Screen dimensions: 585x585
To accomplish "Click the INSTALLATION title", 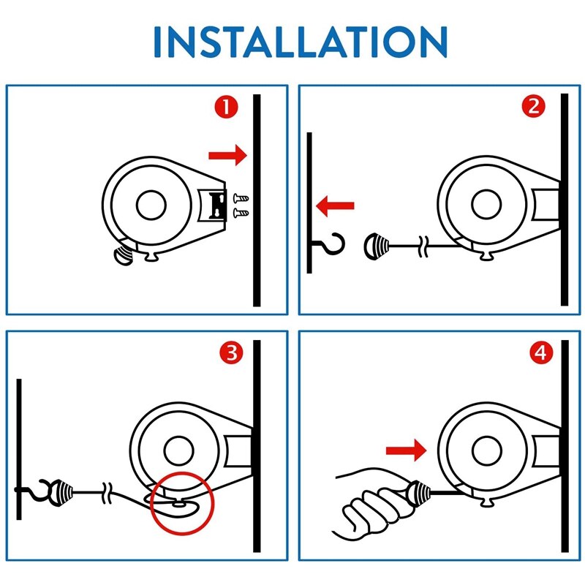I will pos(301,42).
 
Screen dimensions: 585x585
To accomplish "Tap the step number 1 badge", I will pos(226,107).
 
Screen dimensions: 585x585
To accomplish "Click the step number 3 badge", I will pos(230,355).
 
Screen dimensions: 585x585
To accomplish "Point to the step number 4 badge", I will pos(540,355).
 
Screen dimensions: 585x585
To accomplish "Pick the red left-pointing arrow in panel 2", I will pos(335,207).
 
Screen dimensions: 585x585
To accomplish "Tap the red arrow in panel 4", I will pos(404,450).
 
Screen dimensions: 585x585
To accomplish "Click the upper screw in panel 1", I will pos(240,197).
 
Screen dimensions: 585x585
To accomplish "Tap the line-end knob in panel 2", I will pos(375,246).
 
